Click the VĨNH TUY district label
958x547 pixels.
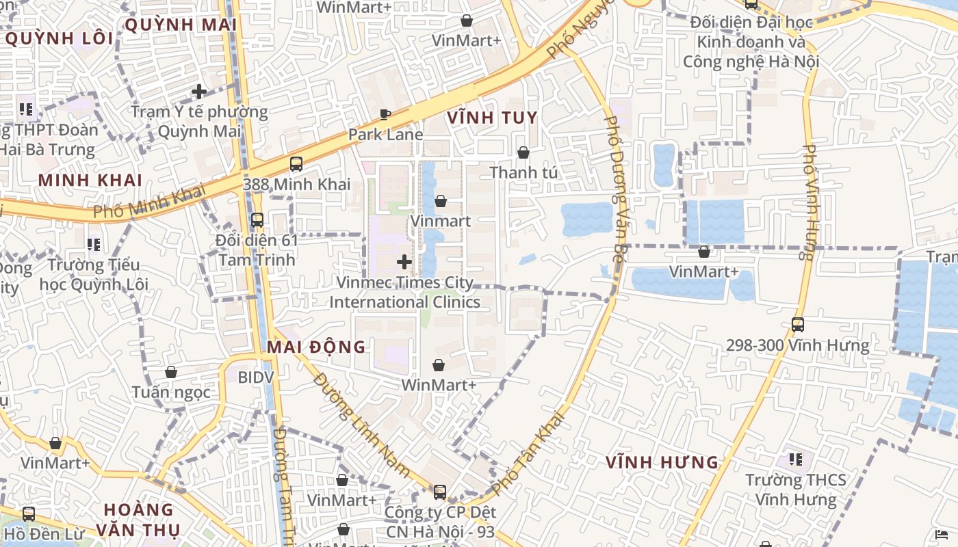(492, 118)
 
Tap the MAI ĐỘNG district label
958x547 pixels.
(316, 347)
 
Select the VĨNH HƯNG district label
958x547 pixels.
(662, 462)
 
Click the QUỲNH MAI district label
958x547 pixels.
(181, 25)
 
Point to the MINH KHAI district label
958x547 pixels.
(90, 181)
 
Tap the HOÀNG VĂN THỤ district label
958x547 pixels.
(139, 520)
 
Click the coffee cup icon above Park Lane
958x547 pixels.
(385, 114)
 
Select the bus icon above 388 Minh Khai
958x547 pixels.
(296, 164)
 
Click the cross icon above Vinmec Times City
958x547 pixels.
(404, 261)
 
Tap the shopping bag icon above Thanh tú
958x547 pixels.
(523, 152)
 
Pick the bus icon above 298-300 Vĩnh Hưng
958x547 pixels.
(798, 325)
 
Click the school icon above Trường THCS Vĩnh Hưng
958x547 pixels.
(795, 459)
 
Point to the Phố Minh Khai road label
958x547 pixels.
(149, 202)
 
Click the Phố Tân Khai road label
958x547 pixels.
(528, 452)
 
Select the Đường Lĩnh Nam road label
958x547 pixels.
(361, 426)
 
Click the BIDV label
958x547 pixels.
(255, 377)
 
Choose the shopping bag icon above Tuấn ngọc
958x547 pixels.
(171, 372)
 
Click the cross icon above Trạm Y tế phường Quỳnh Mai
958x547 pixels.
(199, 91)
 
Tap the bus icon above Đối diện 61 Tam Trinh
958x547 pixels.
(257, 220)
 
